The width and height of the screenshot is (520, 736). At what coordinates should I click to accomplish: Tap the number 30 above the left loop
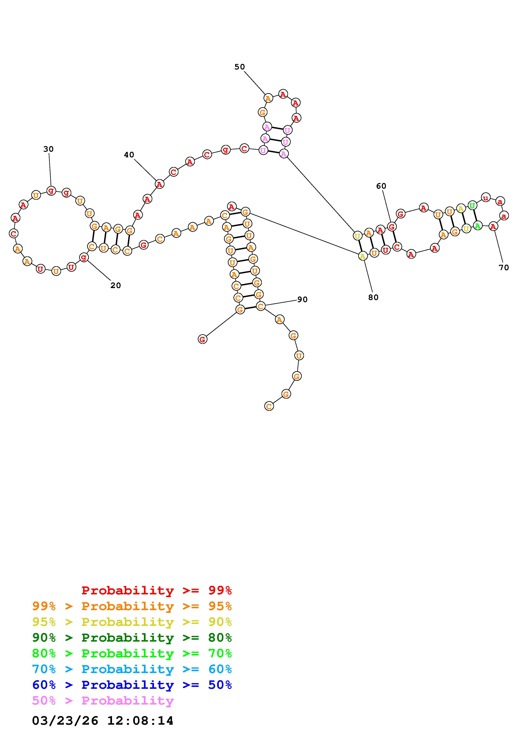48,149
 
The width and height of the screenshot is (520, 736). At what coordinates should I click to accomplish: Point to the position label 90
302,299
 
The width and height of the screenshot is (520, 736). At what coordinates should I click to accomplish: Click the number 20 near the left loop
115,285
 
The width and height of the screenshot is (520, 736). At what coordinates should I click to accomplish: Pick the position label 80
373,298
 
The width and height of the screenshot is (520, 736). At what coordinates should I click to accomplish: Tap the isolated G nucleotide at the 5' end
202,339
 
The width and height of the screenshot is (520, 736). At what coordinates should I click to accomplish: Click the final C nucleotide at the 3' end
269,406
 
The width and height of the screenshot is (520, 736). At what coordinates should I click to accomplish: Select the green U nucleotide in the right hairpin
472,205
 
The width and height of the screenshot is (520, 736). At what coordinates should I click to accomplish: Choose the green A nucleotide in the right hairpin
477,226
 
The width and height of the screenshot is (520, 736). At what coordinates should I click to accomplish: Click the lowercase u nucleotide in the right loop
486,198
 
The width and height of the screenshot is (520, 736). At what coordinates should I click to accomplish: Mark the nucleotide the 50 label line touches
268,98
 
